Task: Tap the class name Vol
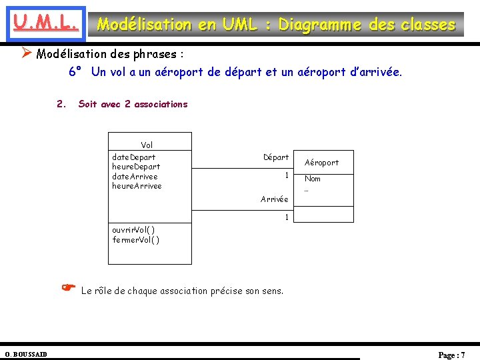147,145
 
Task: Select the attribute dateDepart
134,157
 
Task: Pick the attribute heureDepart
136,167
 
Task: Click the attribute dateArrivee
135,176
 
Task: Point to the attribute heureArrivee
137,186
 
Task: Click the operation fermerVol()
136,239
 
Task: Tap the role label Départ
276,157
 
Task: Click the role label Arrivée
275,199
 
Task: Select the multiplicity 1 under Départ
286,175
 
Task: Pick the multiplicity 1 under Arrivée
286,217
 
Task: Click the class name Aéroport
321,162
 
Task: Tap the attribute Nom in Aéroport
312,179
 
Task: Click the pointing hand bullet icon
67,287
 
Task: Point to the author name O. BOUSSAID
26,354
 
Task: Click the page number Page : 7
451,355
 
